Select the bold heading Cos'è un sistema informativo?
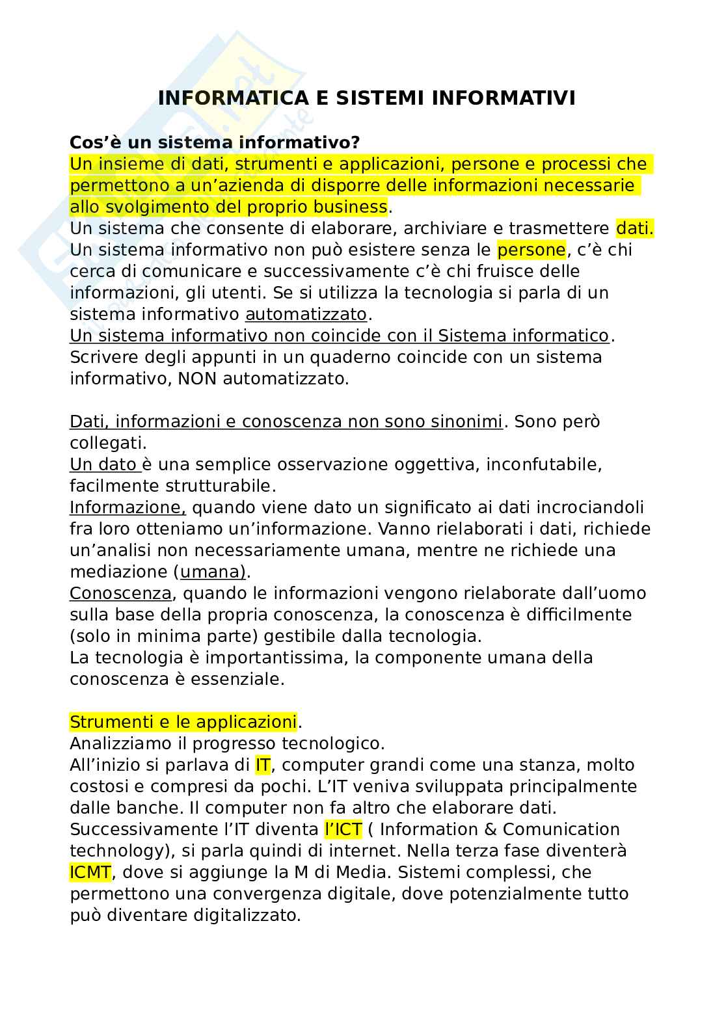tap(215, 142)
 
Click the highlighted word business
tap(350, 207)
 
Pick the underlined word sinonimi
tap(466, 421)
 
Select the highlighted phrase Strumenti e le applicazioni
tap(183, 722)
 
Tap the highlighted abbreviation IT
tap(262, 765)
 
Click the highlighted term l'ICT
tap(343, 829)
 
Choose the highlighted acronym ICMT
tap(90, 872)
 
